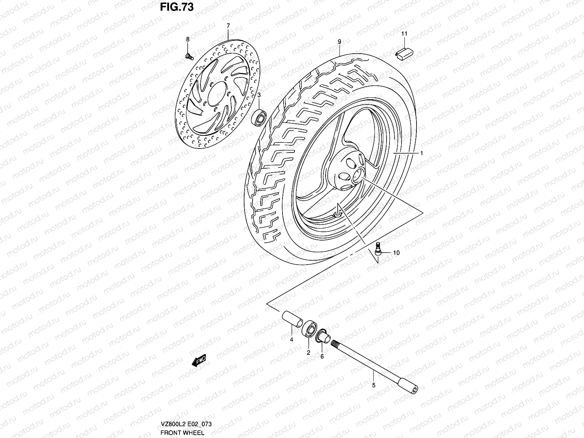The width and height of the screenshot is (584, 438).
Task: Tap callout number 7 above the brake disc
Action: (228, 26)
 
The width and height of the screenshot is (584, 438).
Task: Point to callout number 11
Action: (404, 34)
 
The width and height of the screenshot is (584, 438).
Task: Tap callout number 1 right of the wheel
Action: (421, 154)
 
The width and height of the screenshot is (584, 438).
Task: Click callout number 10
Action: (396, 253)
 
